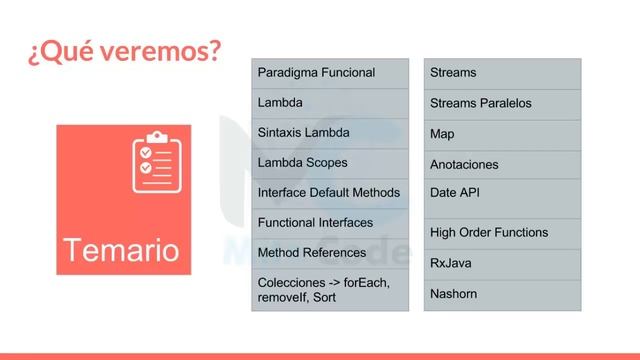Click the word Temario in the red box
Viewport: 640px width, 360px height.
point(120,249)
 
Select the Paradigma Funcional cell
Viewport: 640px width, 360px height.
point(329,73)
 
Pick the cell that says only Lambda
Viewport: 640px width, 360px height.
point(329,103)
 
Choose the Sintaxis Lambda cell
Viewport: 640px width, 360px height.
point(329,133)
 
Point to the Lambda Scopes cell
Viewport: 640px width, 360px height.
point(329,162)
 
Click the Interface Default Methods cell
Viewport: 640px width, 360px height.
point(329,192)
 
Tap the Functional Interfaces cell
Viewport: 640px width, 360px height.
point(329,222)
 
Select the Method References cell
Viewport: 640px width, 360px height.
point(329,253)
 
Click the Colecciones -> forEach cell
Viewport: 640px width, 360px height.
point(329,290)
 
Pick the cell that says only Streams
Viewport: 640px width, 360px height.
point(502,73)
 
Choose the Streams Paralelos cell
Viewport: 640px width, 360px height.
point(502,103)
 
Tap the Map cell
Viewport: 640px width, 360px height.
point(502,134)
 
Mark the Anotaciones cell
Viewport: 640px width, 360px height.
point(502,164)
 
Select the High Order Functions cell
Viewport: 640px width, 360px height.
point(502,233)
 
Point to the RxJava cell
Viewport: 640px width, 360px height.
point(502,263)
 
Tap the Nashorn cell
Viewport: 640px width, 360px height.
point(502,294)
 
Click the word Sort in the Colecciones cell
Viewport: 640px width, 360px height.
point(324,298)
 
